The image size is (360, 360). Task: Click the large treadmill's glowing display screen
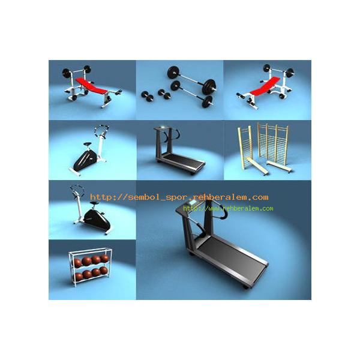click(193, 203)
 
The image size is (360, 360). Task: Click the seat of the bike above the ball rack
click(94, 203)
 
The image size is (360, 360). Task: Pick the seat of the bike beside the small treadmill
click(88, 144)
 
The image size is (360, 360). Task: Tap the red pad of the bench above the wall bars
click(265, 86)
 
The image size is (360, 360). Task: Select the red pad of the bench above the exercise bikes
click(92, 86)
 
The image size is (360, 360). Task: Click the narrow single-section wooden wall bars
click(245, 147)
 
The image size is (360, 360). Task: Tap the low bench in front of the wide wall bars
click(279, 166)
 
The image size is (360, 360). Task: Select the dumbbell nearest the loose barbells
click(164, 94)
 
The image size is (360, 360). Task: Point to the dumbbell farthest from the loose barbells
click(148, 96)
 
